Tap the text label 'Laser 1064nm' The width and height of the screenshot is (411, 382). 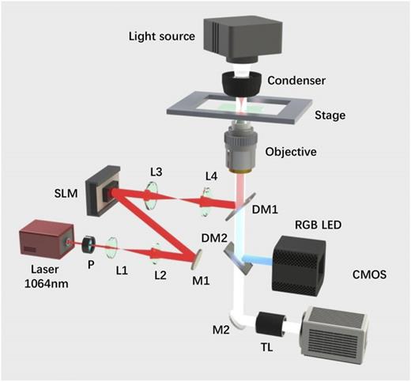(x=46, y=277)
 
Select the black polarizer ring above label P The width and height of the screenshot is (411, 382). (x=89, y=244)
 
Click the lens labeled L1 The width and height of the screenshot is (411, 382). (x=111, y=248)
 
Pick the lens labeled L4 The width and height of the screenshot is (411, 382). (x=205, y=202)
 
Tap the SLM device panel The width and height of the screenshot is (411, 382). (x=103, y=191)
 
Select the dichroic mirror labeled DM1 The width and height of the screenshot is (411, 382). (x=240, y=206)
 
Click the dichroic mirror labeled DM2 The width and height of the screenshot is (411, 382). (x=236, y=259)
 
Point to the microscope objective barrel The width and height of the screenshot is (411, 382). (x=240, y=148)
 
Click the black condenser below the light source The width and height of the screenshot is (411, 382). (x=242, y=83)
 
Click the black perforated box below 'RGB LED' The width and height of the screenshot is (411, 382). (x=299, y=266)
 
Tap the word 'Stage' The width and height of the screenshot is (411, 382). (x=330, y=115)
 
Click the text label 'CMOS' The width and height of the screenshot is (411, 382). (x=369, y=274)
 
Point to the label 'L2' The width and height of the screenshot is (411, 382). (x=160, y=275)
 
